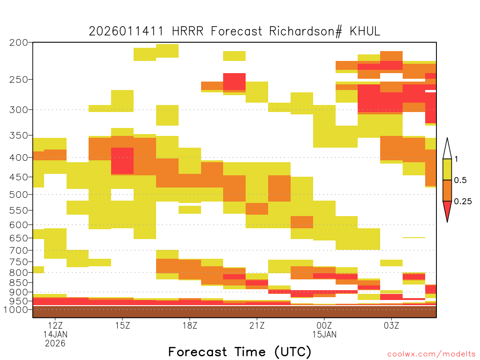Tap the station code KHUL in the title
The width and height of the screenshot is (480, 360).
[x=365, y=31]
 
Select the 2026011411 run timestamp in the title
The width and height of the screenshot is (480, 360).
[x=126, y=31]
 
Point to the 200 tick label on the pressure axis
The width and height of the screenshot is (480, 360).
[x=18, y=42]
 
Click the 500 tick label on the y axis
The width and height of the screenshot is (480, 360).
[x=18, y=195]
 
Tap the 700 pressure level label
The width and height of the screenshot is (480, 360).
[x=18, y=250]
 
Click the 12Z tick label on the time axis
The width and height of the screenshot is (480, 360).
[x=55, y=325]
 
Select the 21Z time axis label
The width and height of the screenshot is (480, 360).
[x=257, y=325]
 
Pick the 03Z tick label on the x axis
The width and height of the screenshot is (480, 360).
[x=391, y=325]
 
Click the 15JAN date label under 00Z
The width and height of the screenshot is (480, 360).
[x=324, y=334]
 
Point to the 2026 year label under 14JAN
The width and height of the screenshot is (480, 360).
[x=55, y=343]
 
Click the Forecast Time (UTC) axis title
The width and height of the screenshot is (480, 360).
[x=240, y=352]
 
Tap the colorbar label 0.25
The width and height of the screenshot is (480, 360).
[x=463, y=202]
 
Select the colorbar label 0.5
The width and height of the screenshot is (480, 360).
[x=460, y=180]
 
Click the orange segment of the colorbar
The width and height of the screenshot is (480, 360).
[x=447, y=190]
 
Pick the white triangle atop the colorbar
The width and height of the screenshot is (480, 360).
[x=447, y=150]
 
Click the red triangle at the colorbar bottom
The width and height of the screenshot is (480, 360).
[x=447, y=210]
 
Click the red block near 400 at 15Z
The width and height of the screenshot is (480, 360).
[x=122, y=161]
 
